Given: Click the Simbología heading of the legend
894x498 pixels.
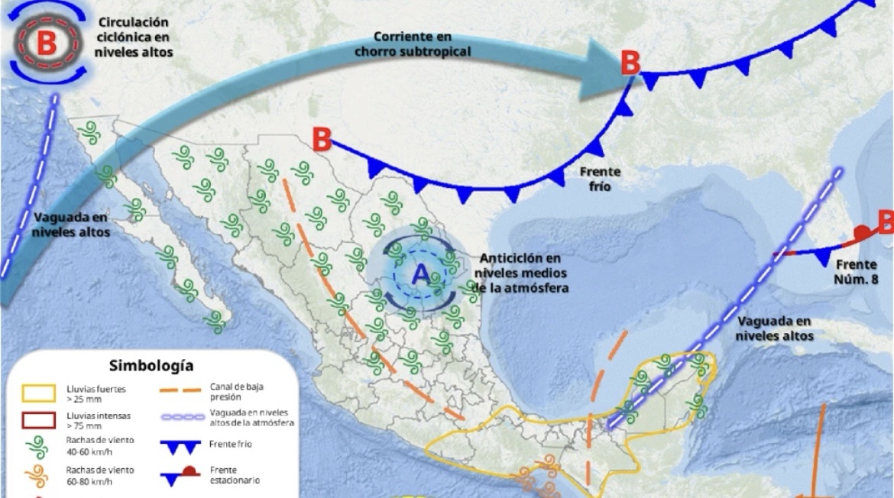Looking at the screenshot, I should point(151,366).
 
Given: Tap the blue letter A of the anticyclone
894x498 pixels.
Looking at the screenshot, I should point(420,274).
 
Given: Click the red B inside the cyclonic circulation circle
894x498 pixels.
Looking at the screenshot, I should point(46,44).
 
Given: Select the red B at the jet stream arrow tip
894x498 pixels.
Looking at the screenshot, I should point(630,63).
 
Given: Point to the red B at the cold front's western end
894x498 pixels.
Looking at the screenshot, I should point(322,140).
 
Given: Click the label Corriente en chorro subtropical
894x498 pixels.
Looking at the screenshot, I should point(413,44).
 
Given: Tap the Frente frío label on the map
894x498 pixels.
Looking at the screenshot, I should point(600,179).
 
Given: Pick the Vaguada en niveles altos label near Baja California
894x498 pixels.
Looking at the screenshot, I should point(72,224).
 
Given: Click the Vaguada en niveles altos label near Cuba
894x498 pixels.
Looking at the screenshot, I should point(774,328).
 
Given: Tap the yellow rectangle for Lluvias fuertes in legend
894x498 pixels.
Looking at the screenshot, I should point(38,393).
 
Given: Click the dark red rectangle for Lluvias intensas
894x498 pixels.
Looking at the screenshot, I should point(38,419).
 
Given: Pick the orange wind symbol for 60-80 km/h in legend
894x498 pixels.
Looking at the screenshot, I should point(37,475).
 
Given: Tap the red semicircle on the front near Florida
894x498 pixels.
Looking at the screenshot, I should point(862,231).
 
